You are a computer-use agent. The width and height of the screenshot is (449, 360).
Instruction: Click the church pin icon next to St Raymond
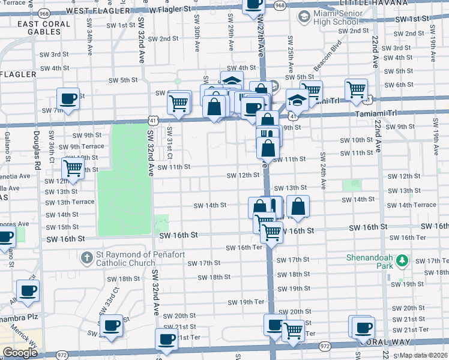88,257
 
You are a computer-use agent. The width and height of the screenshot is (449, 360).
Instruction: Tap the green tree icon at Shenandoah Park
402,261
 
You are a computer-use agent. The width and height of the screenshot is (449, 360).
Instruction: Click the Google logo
20,353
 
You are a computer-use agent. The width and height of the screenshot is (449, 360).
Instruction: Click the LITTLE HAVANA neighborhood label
369,3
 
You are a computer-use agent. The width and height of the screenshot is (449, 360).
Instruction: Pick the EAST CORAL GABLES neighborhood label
44,28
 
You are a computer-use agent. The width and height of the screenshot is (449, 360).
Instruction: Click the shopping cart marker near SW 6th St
357,89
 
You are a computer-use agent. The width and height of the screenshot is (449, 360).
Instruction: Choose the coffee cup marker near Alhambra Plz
28,290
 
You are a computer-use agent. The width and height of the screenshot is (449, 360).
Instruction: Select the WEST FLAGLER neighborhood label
98,11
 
